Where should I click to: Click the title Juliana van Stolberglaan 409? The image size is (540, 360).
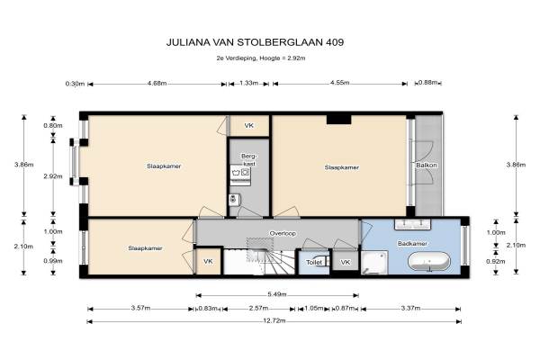pyautogui.click(x=255, y=42)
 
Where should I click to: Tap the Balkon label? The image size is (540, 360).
pyautogui.click(x=426, y=165)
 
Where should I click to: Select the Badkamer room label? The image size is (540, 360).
pyautogui.click(x=412, y=244)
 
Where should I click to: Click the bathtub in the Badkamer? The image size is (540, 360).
pyautogui.click(x=428, y=263)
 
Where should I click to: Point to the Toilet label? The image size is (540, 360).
pyautogui.click(x=314, y=263)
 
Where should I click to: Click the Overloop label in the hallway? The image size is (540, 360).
pyautogui.click(x=283, y=233)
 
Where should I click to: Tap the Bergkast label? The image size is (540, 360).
pyautogui.click(x=248, y=160)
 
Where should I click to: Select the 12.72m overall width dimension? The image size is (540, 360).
pyautogui.click(x=274, y=321)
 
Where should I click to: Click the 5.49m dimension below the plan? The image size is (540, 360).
pyautogui.click(x=277, y=294)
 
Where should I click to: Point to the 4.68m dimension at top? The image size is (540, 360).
pyautogui.click(x=157, y=83)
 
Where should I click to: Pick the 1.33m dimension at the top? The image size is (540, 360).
pyautogui.click(x=248, y=83)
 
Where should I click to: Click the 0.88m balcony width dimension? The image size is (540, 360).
pyautogui.click(x=427, y=82)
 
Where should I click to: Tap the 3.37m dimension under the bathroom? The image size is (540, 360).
pyautogui.click(x=410, y=308)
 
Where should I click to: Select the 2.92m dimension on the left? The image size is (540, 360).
pyautogui.click(x=53, y=176)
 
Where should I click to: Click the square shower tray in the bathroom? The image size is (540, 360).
pyautogui.click(x=374, y=263)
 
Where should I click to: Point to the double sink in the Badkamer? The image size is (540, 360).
pyautogui.click(x=412, y=224)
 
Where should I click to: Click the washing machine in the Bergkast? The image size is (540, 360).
pyautogui.click(x=240, y=175)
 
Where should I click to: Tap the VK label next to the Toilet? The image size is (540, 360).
pyautogui.click(x=346, y=262)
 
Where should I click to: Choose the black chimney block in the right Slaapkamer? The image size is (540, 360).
pyautogui.click(x=339, y=120)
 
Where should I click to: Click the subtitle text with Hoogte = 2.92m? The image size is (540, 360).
pyautogui.click(x=261, y=58)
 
